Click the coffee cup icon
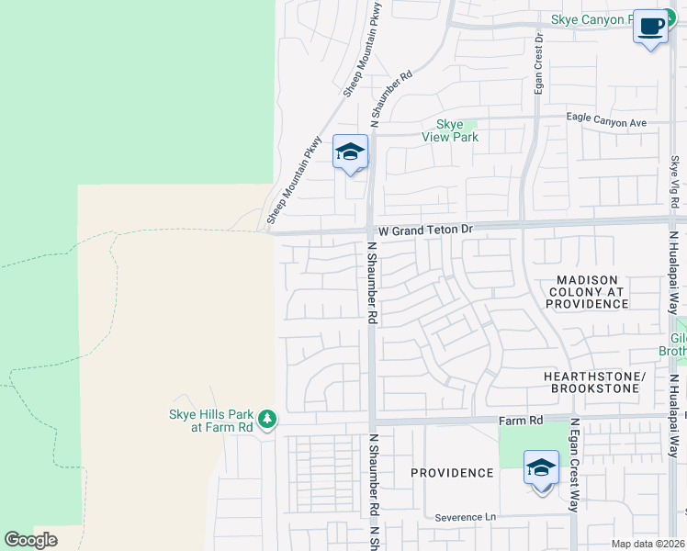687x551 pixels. (x=650, y=28)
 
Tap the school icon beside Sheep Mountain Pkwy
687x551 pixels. (x=350, y=152)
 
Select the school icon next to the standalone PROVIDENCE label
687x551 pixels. (x=541, y=467)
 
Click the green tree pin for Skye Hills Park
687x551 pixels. (x=267, y=420)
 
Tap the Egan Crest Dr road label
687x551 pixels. (x=539, y=64)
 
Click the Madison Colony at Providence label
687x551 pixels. (x=587, y=291)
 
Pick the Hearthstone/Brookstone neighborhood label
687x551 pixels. (x=591, y=383)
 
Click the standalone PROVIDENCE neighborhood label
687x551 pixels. (x=452, y=473)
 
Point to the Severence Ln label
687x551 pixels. (x=465, y=517)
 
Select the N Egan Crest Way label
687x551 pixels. (x=574, y=464)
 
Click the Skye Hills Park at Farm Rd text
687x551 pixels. (x=210, y=421)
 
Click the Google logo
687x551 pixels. (x=30, y=540)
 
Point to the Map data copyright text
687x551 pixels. (x=648, y=544)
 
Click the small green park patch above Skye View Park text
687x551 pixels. (x=470, y=124)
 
